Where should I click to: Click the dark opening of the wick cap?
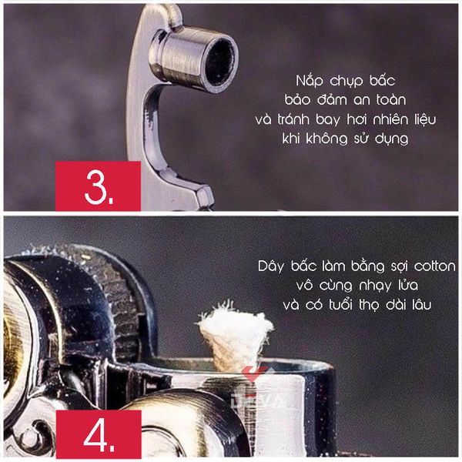(x=220, y=65)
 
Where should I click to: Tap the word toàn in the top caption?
(x=391, y=99)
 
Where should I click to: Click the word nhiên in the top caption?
(x=391, y=119)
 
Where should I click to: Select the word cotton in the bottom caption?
(x=435, y=266)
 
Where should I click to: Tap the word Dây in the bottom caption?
(x=271, y=266)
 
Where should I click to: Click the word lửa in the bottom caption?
(x=408, y=285)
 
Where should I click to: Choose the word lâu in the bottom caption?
(x=422, y=305)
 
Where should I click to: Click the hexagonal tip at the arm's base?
(x=205, y=196)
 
